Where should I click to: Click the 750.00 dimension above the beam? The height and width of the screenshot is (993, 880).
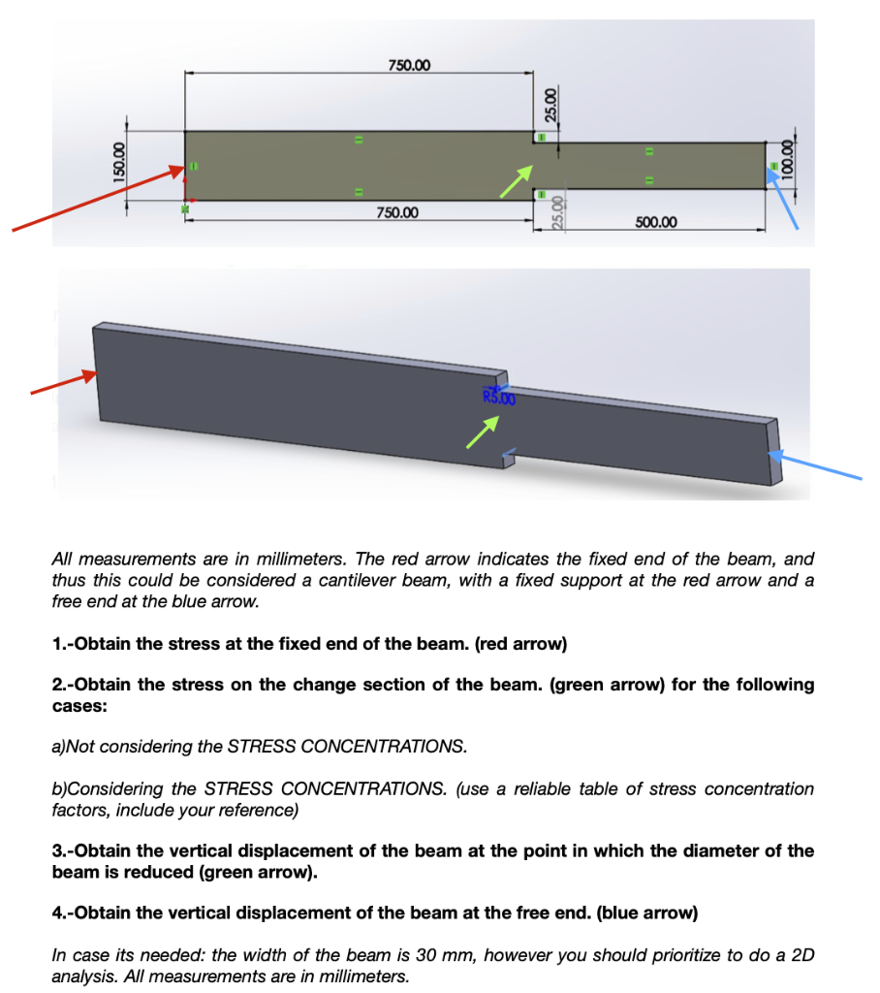tap(410, 65)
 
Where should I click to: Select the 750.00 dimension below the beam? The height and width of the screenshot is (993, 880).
tap(397, 212)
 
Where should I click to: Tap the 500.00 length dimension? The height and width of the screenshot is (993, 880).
tap(656, 223)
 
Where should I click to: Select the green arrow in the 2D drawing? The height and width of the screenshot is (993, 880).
tap(517, 180)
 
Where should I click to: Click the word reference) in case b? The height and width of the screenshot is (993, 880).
tap(261, 810)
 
